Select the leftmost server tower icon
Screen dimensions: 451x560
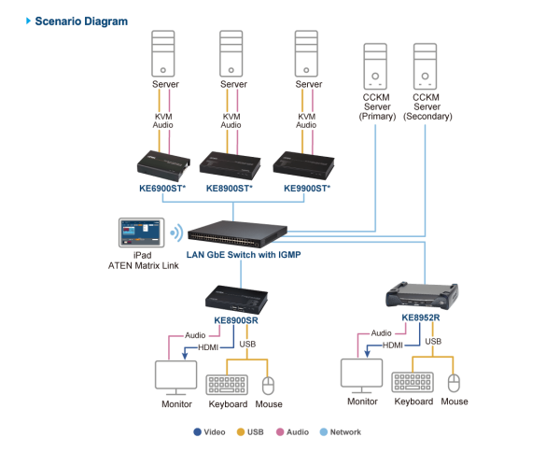coord(163,53)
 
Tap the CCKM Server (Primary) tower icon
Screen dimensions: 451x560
coord(376,65)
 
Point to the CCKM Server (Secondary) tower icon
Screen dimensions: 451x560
coord(425,65)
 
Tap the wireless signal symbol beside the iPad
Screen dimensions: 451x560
coord(176,233)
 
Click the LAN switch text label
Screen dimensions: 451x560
coord(244,254)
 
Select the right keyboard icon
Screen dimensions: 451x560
coord(412,382)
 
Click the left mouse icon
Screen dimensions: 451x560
coord(269,386)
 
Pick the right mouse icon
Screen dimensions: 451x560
coord(454,383)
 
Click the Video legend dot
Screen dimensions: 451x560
coord(196,431)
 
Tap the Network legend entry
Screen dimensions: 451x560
coord(342,431)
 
